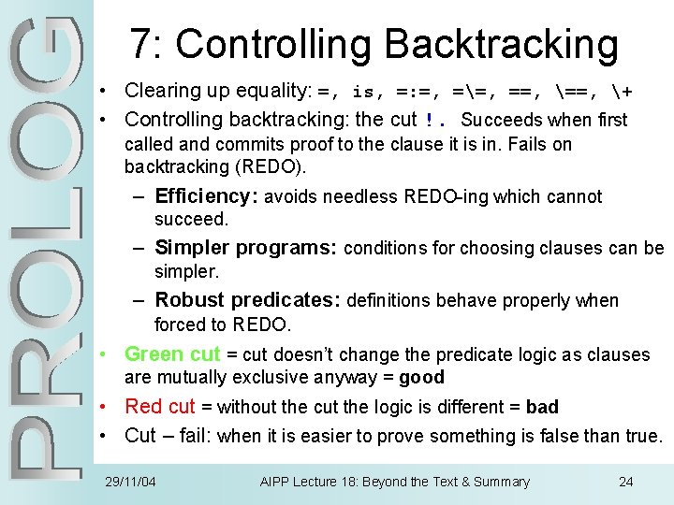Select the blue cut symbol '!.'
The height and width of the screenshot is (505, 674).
tap(435, 120)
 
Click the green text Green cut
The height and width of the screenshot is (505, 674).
tap(172, 354)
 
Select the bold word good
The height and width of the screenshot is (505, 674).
tap(421, 378)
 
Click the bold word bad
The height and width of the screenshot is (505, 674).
tap(542, 407)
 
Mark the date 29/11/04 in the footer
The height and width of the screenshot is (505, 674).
tap(130, 482)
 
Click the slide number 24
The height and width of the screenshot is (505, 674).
tap(626, 482)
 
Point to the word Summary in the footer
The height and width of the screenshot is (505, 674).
tap(499, 482)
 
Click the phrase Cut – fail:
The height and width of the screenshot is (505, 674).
tap(168, 436)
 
